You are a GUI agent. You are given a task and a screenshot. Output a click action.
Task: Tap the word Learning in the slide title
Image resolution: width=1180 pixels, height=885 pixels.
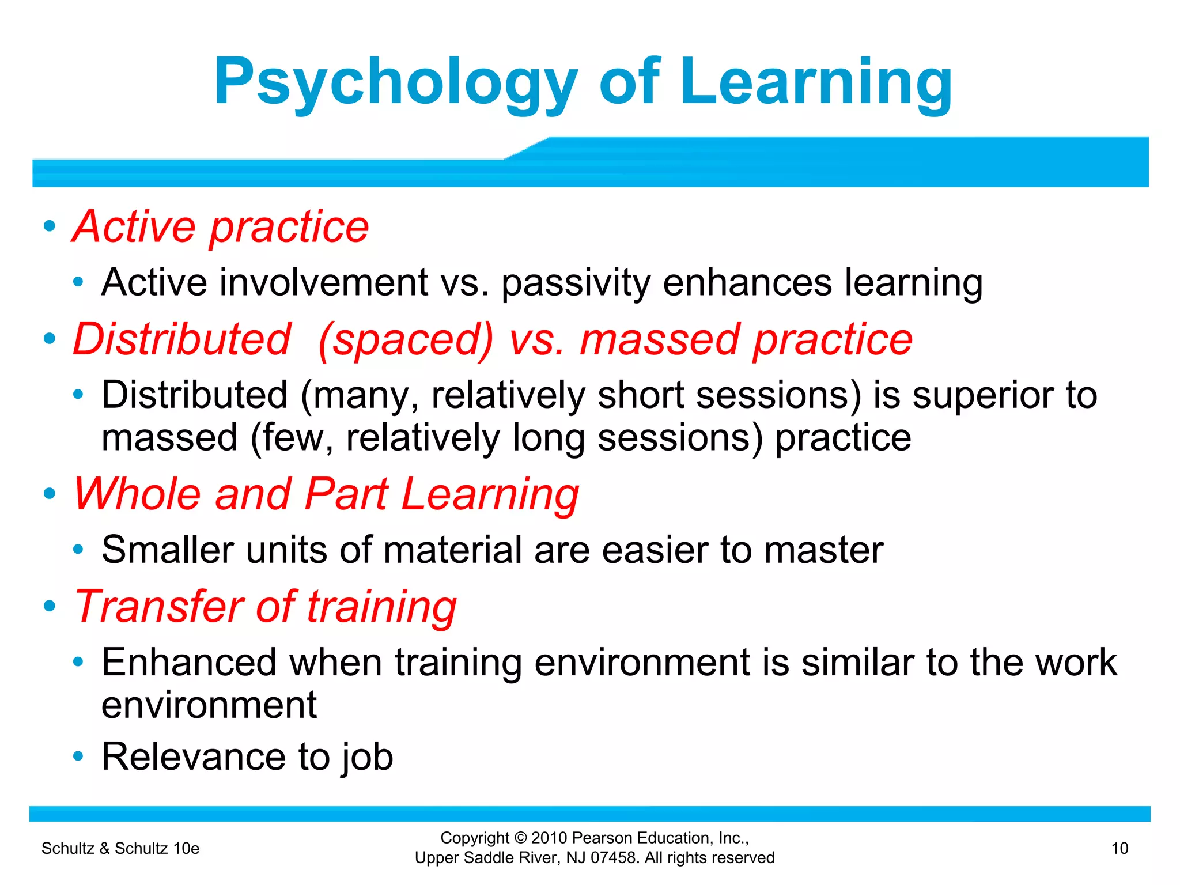click(815, 82)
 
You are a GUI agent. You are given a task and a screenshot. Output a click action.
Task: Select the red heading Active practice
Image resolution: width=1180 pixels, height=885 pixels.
click(221, 226)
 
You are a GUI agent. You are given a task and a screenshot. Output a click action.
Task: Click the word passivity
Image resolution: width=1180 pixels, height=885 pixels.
click(575, 282)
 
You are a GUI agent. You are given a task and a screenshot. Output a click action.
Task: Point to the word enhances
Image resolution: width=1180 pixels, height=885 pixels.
click(747, 282)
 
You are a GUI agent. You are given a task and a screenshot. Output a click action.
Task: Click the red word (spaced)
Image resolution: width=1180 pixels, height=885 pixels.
click(406, 339)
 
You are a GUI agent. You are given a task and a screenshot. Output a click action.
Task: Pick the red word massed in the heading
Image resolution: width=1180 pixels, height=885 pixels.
click(659, 339)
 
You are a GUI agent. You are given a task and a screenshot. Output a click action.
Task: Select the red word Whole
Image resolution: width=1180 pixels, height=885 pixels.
click(137, 494)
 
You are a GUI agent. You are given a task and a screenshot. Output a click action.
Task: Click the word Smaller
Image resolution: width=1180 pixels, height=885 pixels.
click(167, 550)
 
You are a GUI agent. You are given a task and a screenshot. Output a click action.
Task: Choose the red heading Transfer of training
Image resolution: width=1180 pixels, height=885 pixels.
click(266, 607)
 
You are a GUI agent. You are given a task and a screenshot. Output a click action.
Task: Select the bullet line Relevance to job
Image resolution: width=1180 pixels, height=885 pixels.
click(247, 757)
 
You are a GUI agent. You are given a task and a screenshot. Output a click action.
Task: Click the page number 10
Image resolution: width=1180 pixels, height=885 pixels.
click(1120, 848)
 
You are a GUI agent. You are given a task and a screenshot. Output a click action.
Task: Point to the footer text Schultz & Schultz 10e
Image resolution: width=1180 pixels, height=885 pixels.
click(120, 848)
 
